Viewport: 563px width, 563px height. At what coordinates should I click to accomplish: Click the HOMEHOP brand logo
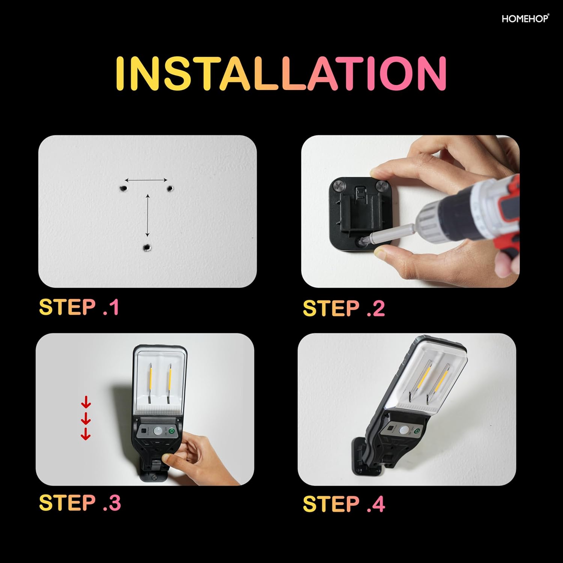525,18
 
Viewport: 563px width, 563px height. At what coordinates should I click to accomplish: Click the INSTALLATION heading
281,74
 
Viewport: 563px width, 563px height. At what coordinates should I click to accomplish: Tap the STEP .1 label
79,307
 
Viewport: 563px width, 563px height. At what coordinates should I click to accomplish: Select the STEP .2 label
344,308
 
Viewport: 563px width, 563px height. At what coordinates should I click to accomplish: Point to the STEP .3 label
80,503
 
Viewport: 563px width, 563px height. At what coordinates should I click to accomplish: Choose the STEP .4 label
344,504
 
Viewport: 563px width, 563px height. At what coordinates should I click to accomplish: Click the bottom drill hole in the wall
147,248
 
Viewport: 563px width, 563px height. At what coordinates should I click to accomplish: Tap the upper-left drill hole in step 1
122,188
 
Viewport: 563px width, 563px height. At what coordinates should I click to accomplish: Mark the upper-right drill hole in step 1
170,188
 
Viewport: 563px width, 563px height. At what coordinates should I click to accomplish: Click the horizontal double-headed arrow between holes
146,181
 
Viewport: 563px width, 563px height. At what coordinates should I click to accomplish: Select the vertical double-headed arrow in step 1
148,215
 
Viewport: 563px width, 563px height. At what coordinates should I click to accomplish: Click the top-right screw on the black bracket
382,185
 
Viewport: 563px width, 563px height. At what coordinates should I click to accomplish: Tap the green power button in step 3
172,431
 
